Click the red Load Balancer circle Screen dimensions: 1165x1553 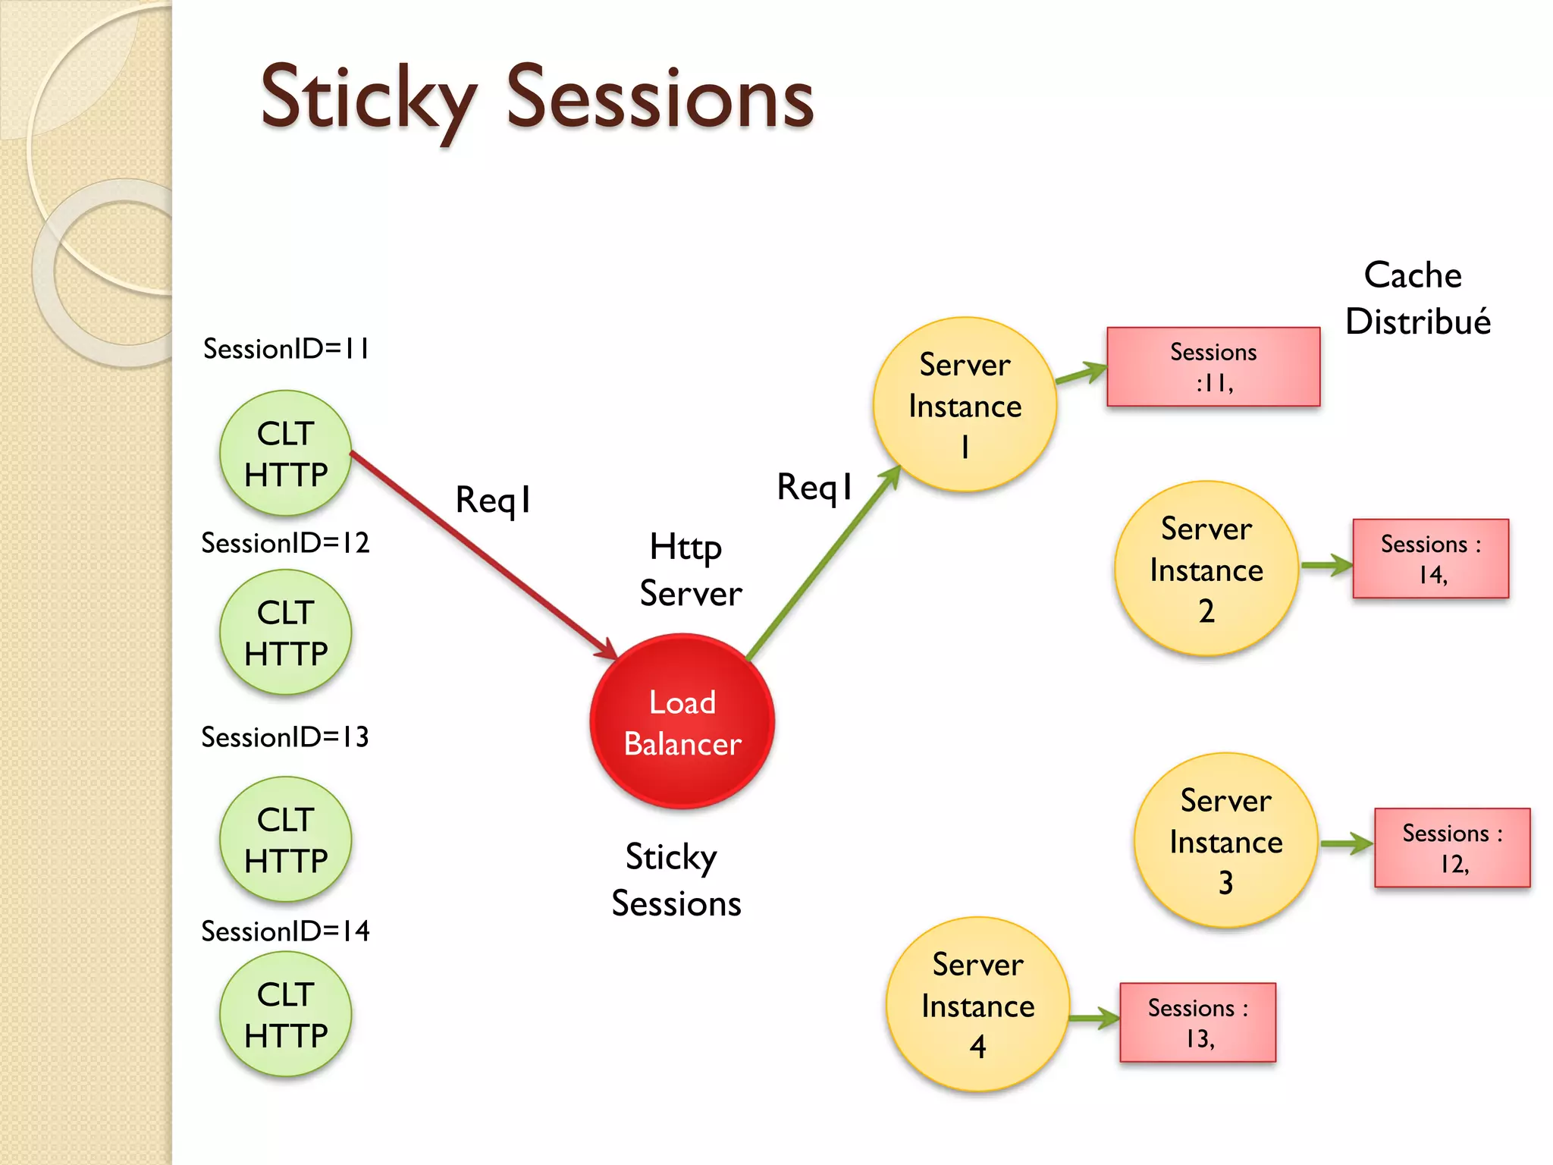682,721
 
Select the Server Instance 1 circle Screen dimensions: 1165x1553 965,404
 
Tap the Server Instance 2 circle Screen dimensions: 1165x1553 1206,568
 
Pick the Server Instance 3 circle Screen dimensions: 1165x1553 1225,840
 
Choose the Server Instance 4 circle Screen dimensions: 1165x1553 977,1004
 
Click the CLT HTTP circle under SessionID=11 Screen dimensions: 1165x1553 285,453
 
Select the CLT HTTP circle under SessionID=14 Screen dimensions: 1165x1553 285,1014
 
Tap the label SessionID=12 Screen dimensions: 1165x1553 285,543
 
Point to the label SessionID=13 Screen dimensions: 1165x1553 285,737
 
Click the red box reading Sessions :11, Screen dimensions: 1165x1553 1213,367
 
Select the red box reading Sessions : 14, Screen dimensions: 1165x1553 1430,559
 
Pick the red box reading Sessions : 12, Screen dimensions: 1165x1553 1452,848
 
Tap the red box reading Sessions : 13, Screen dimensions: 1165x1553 1197,1022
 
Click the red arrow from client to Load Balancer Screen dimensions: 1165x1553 485,556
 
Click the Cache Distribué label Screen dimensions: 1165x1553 1417,298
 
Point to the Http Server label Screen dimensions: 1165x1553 689,570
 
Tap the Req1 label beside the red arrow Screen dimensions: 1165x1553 493,500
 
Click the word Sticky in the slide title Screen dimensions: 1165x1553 369,99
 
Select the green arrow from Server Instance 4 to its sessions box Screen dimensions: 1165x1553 1093,1019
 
